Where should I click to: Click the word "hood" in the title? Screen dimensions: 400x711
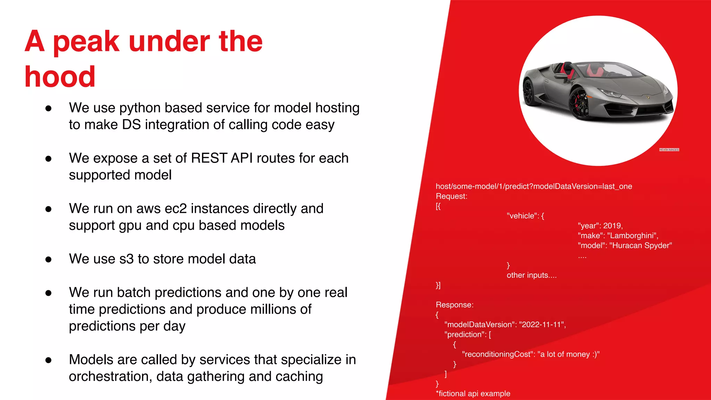coord(60,77)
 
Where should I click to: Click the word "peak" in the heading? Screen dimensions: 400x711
coord(86,42)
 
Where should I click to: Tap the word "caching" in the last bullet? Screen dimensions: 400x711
coord(299,377)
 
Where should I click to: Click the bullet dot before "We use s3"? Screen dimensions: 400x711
coord(49,259)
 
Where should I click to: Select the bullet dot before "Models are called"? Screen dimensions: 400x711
coord(49,360)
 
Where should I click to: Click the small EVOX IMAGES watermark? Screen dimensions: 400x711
coord(669,150)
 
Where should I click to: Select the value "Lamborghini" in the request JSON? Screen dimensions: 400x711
coord(632,236)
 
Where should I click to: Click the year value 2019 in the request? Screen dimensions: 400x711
coord(612,226)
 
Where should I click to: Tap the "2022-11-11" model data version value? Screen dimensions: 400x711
coord(542,325)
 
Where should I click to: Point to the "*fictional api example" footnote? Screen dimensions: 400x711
coord(473,394)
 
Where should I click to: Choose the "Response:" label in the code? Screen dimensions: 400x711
coord(454,305)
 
